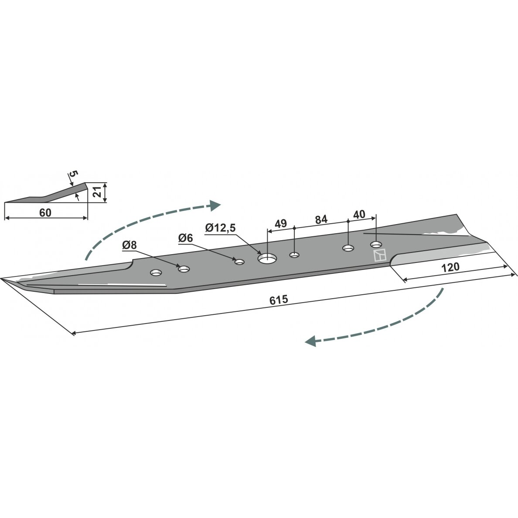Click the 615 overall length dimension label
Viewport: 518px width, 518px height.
click(279, 300)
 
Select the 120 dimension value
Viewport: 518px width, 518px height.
click(450, 267)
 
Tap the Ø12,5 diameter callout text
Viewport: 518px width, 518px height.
click(220, 228)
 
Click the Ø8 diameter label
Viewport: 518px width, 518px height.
click(129, 245)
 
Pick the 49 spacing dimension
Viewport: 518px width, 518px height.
click(280, 224)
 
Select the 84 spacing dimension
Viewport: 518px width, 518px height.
click(321, 219)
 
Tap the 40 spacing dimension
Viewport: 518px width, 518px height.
click(359, 215)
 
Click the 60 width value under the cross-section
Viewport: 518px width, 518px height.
click(45, 213)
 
